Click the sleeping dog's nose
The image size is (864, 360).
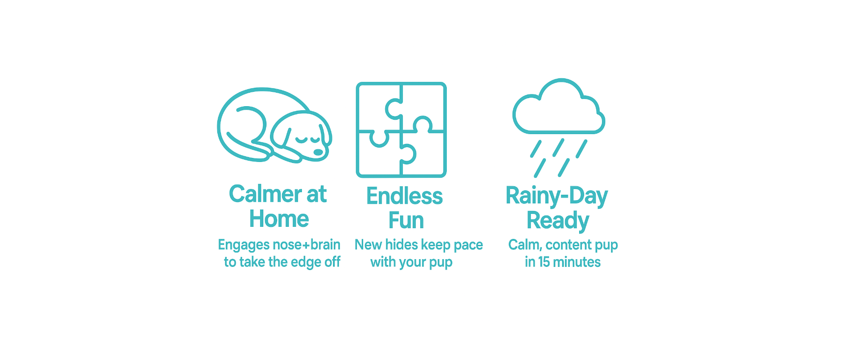[318, 152]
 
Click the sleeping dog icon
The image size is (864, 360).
[274, 125]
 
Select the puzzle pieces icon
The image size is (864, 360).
[401, 130]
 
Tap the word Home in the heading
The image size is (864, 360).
[279, 219]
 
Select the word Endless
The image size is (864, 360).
[405, 196]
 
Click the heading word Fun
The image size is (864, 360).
[406, 220]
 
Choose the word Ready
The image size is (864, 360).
[558, 221]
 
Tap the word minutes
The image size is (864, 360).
[577, 262]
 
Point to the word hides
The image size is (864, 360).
[401, 244]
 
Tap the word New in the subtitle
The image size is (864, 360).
[368, 244]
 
